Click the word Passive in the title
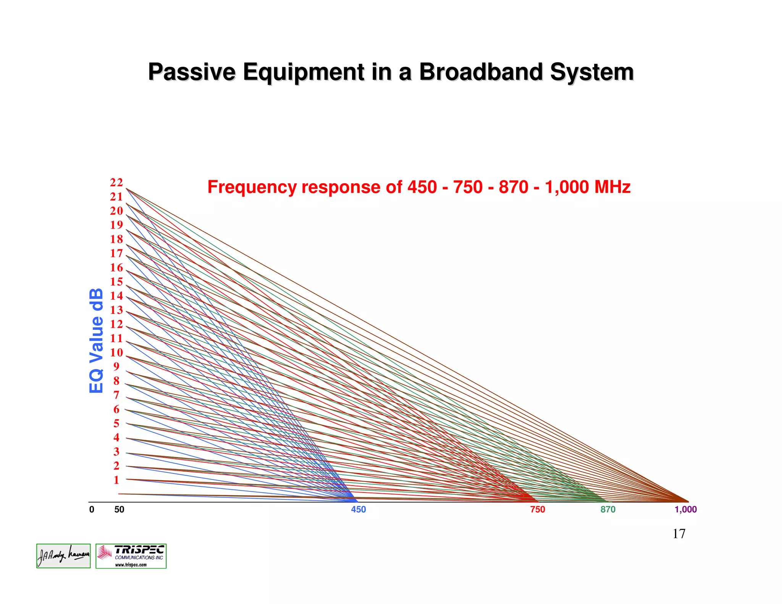[x=192, y=72]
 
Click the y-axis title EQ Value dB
[x=96, y=341]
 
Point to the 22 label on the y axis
[x=116, y=182]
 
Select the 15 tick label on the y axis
[x=116, y=282]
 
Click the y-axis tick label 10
[x=116, y=352]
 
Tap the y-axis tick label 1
[x=116, y=480]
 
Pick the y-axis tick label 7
[x=116, y=395]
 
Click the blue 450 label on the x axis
[x=358, y=509]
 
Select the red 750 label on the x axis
[x=538, y=509]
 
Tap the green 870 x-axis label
[x=608, y=509]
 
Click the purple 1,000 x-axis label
[x=685, y=509]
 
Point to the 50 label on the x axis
[x=119, y=509]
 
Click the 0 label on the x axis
[x=92, y=509]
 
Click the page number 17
[x=679, y=533]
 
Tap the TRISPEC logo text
[x=139, y=550]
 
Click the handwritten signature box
[x=63, y=556]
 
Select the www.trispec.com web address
[x=131, y=565]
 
